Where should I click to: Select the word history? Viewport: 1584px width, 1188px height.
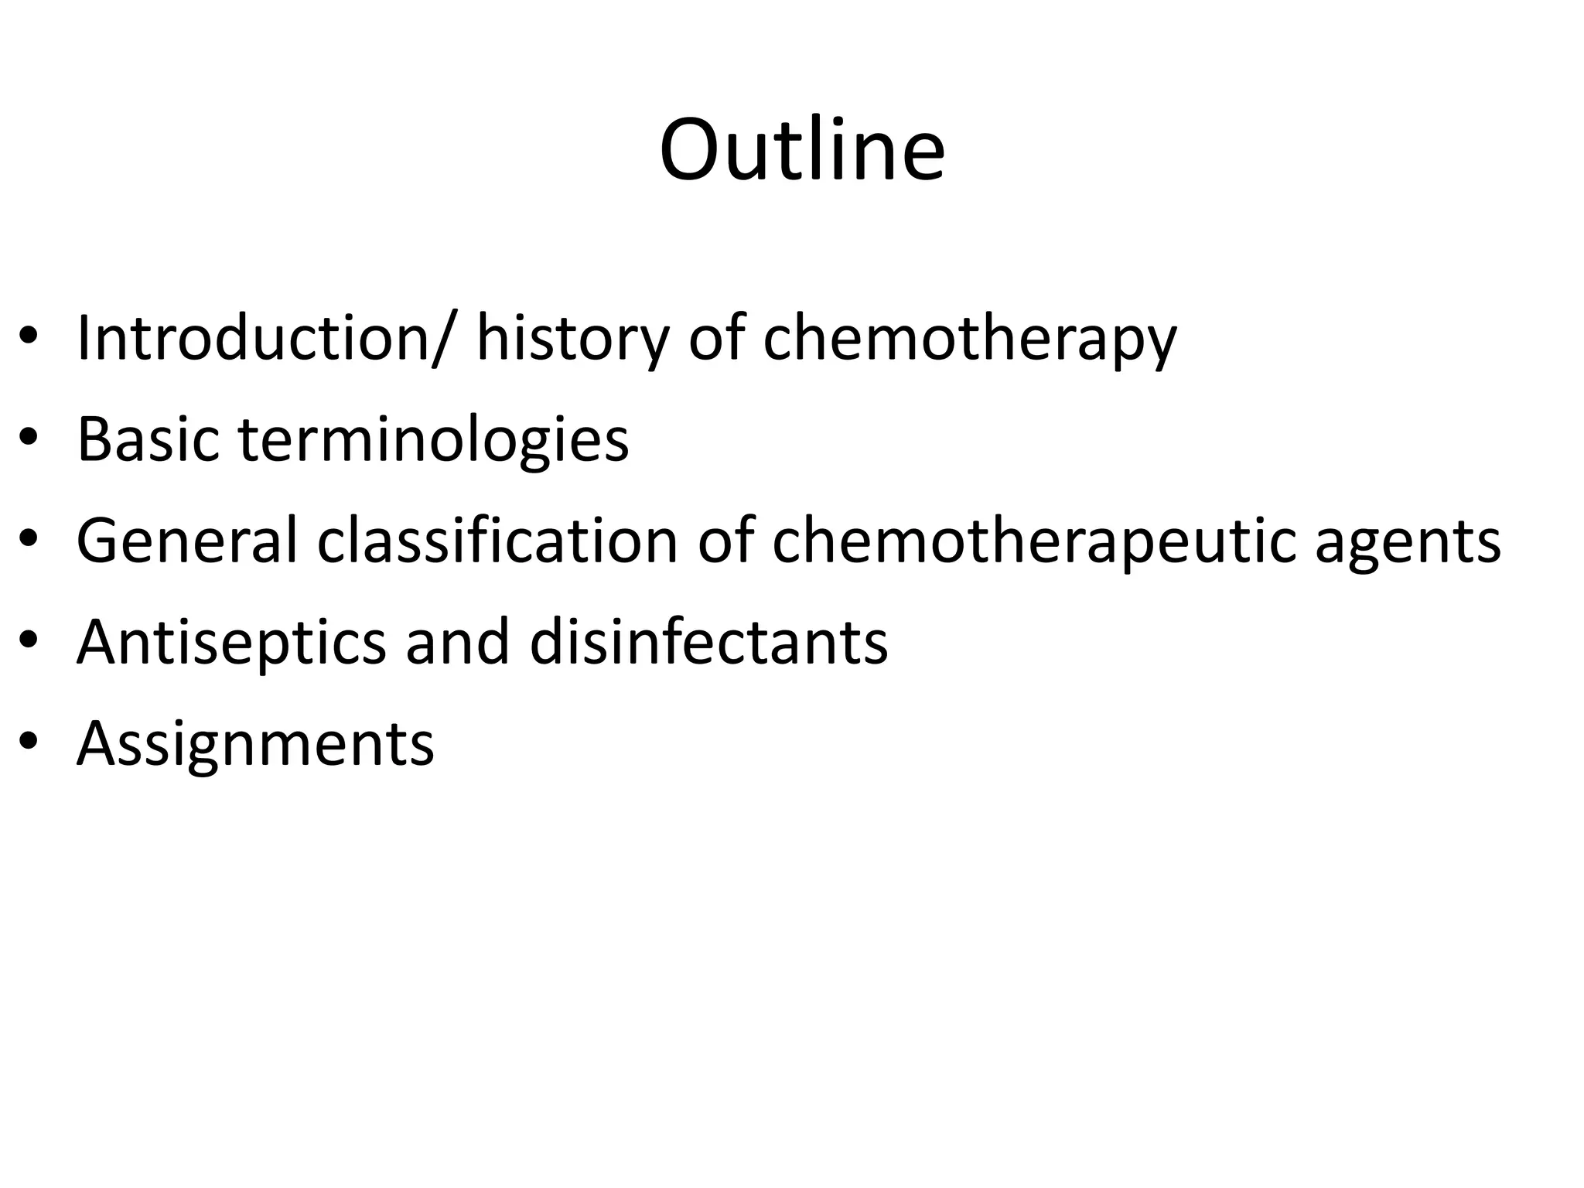coord(572,339)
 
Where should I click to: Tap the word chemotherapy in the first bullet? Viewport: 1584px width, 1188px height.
coord(970,339)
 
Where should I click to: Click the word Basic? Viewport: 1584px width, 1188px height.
coord(148,439)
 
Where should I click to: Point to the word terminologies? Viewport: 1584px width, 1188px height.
coord(434,440)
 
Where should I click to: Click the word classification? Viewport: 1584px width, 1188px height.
coord(498,540)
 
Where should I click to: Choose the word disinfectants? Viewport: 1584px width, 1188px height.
coord(708,641)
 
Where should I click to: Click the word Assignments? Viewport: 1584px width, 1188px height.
coord(255,743)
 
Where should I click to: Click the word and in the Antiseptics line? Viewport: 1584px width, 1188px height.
coord(457,641)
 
